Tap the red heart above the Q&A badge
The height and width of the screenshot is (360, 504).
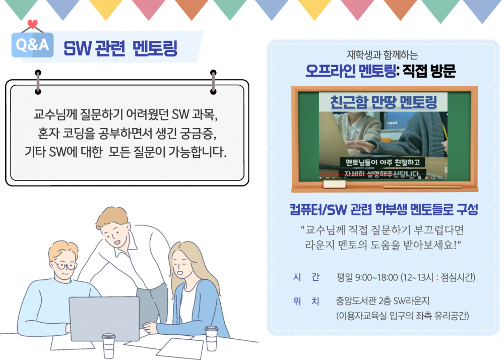coord(33,24)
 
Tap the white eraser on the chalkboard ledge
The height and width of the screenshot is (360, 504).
coord(335,184)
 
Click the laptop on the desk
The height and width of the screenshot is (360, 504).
coord(104,319)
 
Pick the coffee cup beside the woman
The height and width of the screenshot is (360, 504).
coord(212,337)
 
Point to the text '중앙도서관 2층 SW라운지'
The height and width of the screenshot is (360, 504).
coord(382,302)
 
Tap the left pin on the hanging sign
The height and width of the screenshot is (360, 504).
coord(38,75)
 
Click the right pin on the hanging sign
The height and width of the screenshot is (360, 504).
coord(213,75)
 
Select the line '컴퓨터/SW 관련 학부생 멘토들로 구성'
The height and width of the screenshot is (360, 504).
coord(384,209)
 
